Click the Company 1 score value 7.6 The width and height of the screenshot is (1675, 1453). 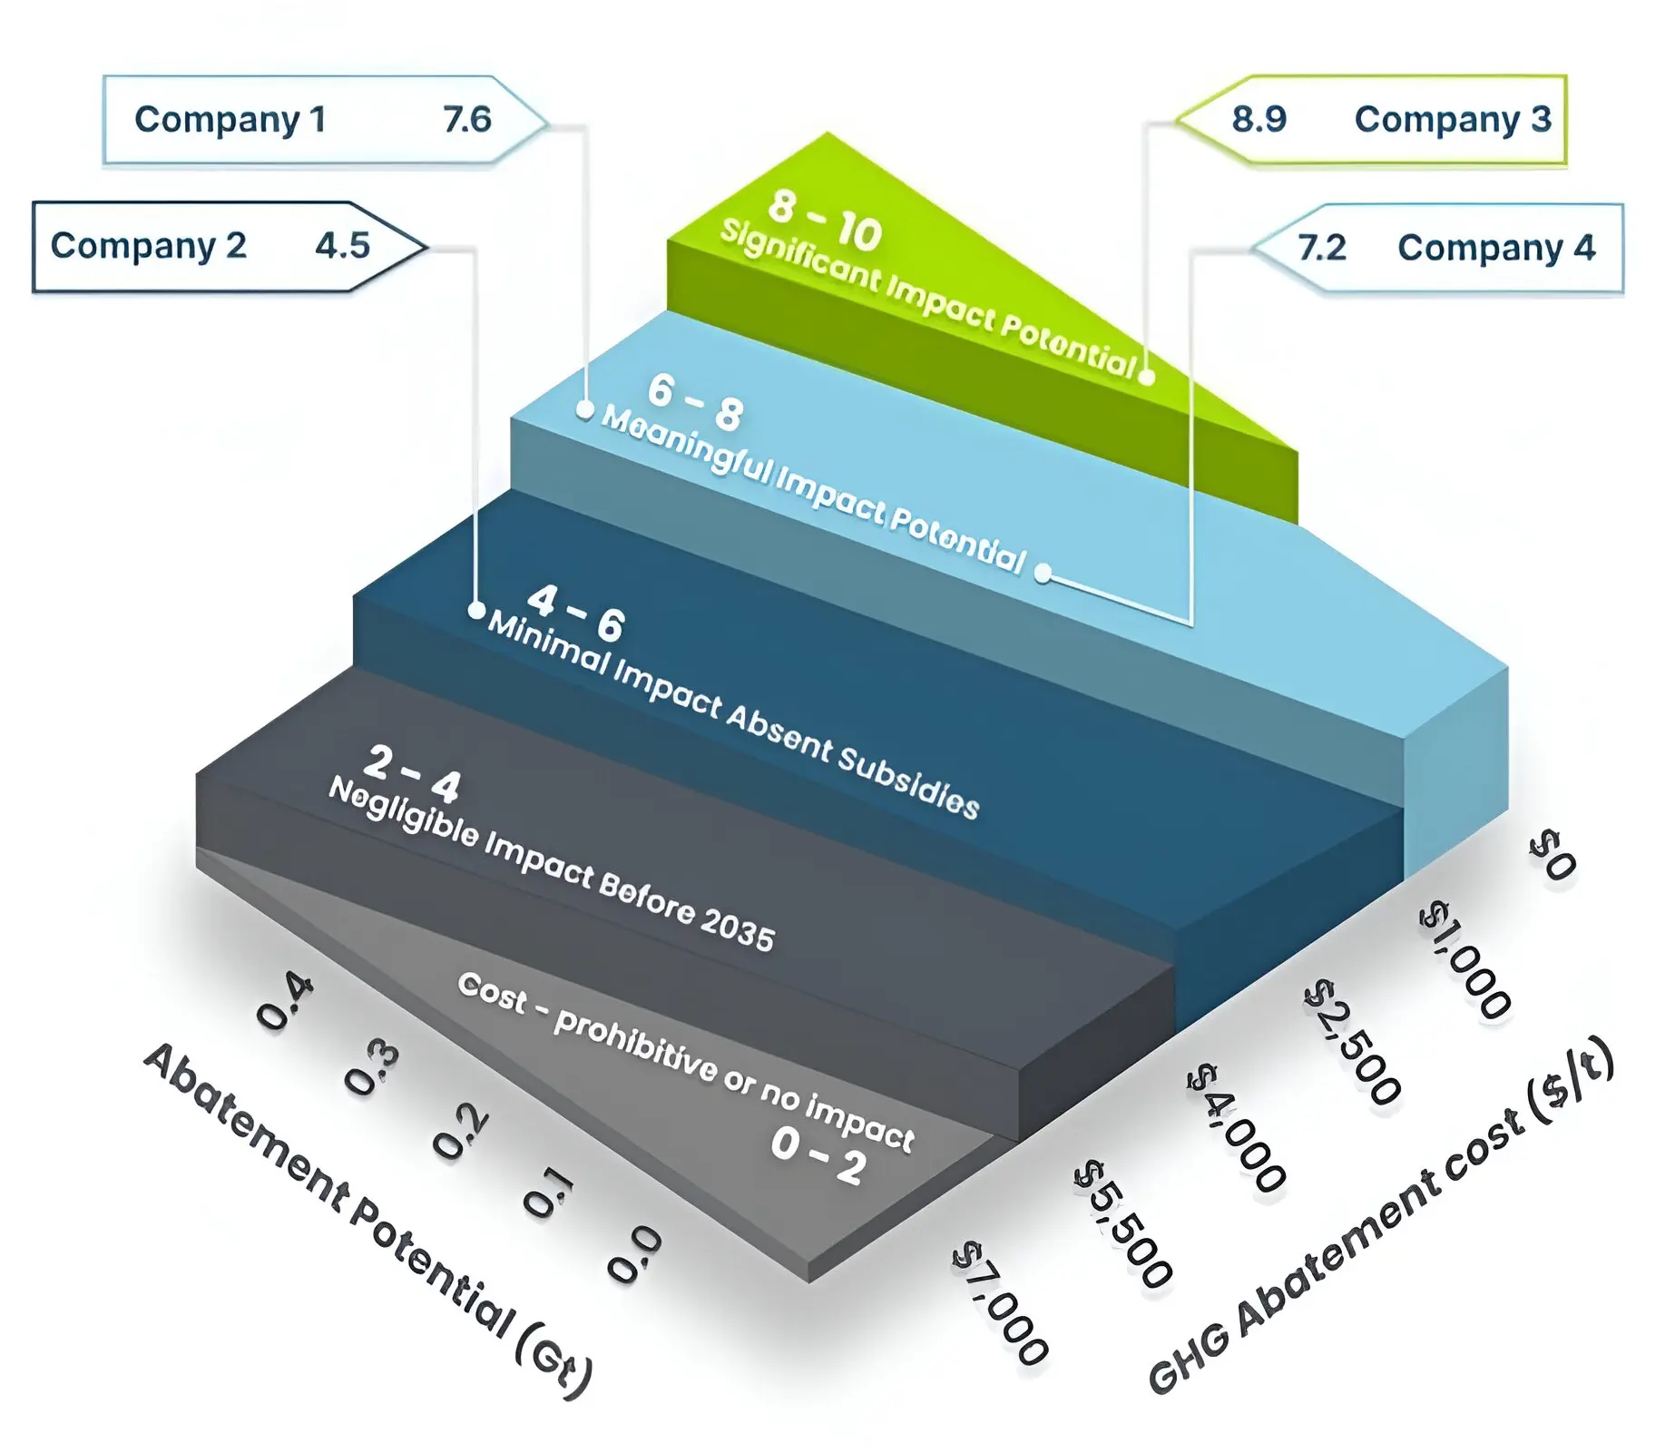(467, 119)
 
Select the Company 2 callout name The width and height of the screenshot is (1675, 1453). (149, 246)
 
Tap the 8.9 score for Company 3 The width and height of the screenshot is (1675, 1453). (1259, 119)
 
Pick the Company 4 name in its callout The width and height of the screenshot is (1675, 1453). (1496, 248)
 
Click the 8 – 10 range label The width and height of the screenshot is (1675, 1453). (825, 219)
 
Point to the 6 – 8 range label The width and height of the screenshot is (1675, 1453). (696, 403)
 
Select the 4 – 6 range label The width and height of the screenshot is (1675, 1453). (576, 614)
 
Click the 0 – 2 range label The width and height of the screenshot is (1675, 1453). (818, 1156)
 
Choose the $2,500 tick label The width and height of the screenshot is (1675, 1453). (1352, 1043)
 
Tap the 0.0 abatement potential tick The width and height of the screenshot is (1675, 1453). (633, 1255)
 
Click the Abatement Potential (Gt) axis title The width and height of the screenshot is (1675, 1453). (367, 1219)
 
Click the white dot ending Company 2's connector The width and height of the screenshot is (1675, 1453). (476, 611)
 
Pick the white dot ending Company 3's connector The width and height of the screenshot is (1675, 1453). (1147, 377)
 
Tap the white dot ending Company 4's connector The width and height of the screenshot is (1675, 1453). (1043, 574)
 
